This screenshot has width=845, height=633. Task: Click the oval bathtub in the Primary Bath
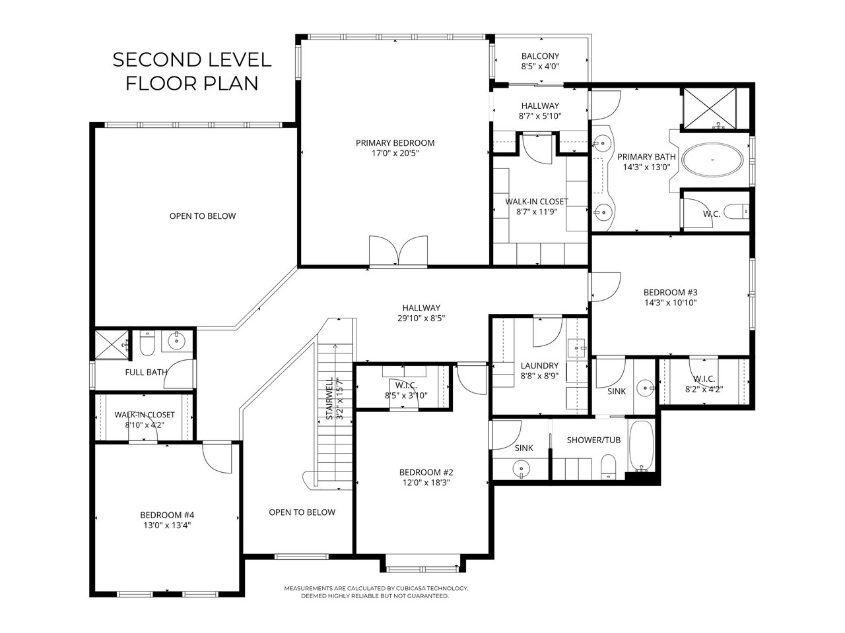click(x=712, y=160)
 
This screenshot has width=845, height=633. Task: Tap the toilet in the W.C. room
click(x=736, y=212)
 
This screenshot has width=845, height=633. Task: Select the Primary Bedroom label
click(x=395, y=143)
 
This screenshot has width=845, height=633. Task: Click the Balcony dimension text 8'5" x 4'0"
click(x=540, y=67)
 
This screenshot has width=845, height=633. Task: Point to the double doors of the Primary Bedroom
click(x=398, y=250)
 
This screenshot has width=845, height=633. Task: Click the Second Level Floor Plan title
click(x=191, y=71)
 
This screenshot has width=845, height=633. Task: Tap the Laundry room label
click(x=539, y=365)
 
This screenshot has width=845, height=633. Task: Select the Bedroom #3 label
click(x=670, y=292)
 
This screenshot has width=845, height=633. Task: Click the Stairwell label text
click(x=329, y=398)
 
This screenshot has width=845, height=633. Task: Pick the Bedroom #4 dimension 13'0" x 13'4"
click(x=167, y=526)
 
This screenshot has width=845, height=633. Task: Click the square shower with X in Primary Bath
click(x=709, y=108)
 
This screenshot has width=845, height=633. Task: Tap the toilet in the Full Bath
click(x=147, y=344)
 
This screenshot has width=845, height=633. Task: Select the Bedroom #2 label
click(x=426, y=472)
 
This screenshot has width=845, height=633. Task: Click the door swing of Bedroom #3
click(x=606, y=287)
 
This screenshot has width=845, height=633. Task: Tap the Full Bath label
click(x=146, y=372)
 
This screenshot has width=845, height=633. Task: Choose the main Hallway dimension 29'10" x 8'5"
click(x=421, y=318)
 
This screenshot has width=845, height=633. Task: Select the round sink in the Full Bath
click(x=177, y=340)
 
